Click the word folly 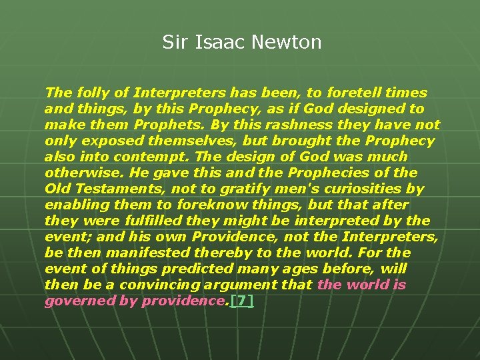coord(87,93)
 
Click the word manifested coord(132,253)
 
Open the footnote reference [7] coord(241,301)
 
